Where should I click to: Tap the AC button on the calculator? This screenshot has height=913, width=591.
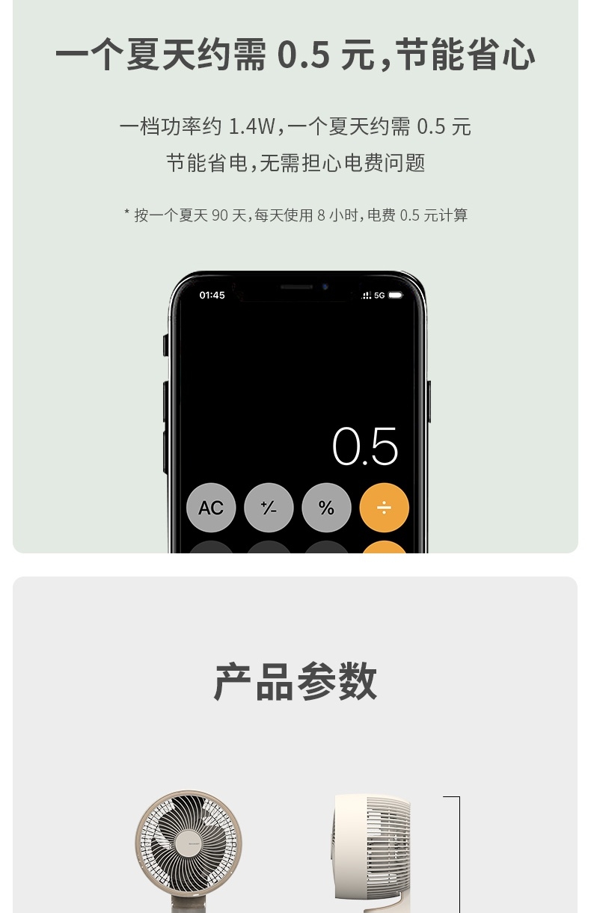pos(211,508)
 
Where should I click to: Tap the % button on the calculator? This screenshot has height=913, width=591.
pos(326,508)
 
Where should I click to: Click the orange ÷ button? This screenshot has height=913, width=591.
pos(385,508)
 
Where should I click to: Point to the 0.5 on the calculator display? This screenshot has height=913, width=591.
pos(365,446)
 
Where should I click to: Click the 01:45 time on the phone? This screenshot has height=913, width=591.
pos(212,295)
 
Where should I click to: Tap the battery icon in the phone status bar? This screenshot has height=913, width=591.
pos(396,295)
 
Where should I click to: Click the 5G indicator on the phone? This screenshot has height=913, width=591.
pos(379,295)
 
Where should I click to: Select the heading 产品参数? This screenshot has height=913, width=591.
pos(295,681)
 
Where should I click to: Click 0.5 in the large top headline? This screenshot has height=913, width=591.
pos(304,54)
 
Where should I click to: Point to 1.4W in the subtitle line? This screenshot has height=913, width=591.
pos(252,126)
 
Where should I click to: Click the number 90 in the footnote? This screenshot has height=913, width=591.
pos(220,215)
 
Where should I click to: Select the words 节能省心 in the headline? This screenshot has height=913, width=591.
pos(465,54)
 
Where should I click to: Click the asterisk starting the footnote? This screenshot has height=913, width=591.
pos(127,212)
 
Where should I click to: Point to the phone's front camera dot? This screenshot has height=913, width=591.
pos(325,286)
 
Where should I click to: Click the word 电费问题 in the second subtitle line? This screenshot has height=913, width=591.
pos(385,162)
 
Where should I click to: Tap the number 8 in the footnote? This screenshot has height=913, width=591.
pos(322,215)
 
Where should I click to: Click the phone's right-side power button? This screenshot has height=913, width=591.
pos(429,402)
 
